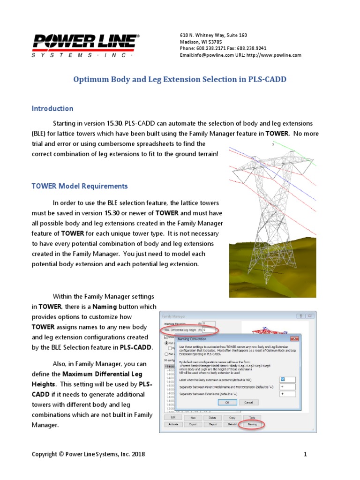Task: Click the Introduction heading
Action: tap(52, 109)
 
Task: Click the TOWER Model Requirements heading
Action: tap(80, 186)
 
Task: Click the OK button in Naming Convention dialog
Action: tap(227, 402)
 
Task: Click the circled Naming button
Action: tap(252, 424)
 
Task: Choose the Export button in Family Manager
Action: tap(193, 424)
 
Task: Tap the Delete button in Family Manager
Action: tap(212, 417)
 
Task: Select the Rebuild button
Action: tap(232, 424)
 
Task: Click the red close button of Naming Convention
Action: tap(294, 338)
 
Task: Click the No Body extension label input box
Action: tap(287, 379)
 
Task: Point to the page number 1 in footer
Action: tap(305, 454)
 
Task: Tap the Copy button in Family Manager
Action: tap(232, 417)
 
